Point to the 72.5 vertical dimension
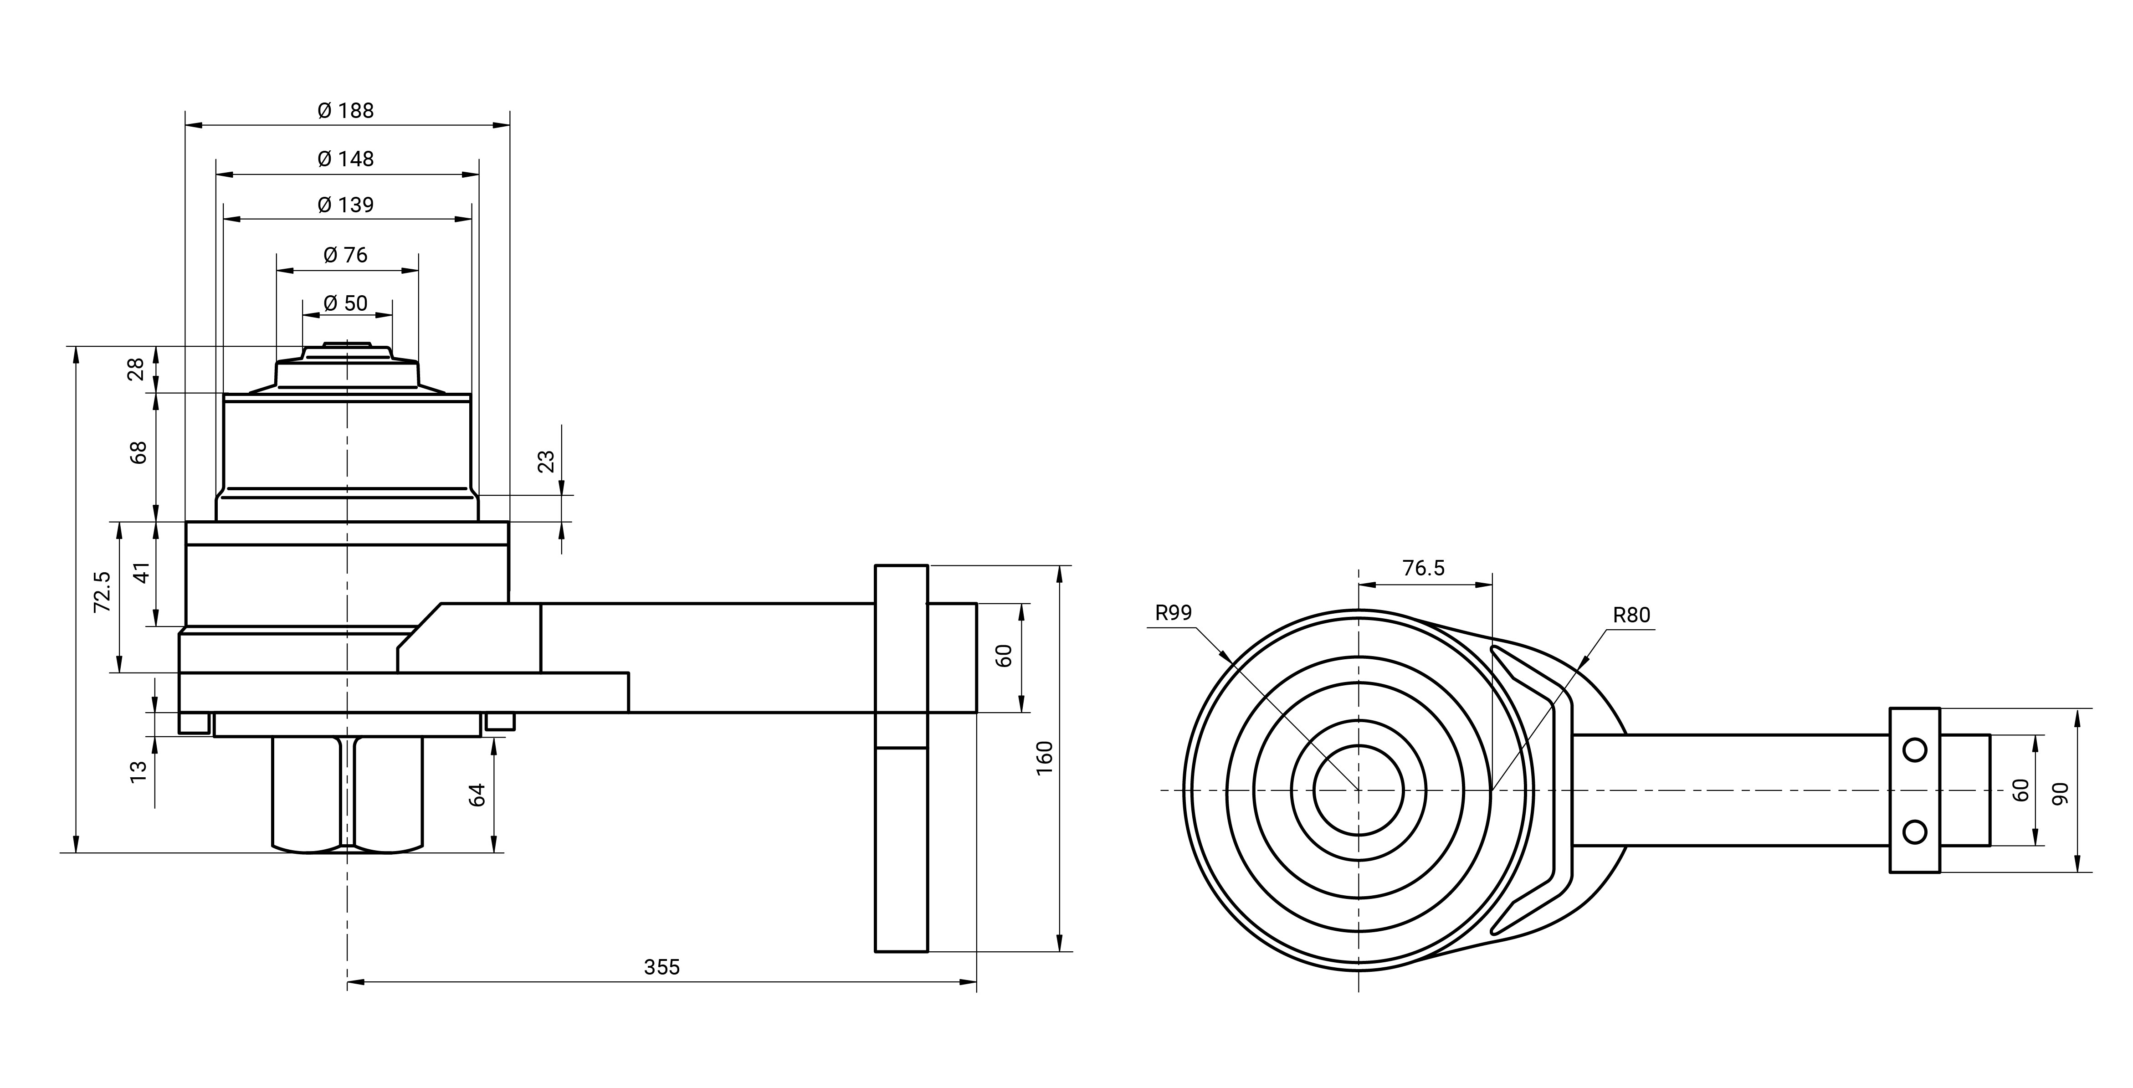[x=102, y=591]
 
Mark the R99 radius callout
[x=1173, y=613]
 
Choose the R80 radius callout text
[x=1631, y=615]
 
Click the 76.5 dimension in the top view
[x=1423, y=568]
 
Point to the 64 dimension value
[x=477, y=795]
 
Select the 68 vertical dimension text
[x=138, y=452]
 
